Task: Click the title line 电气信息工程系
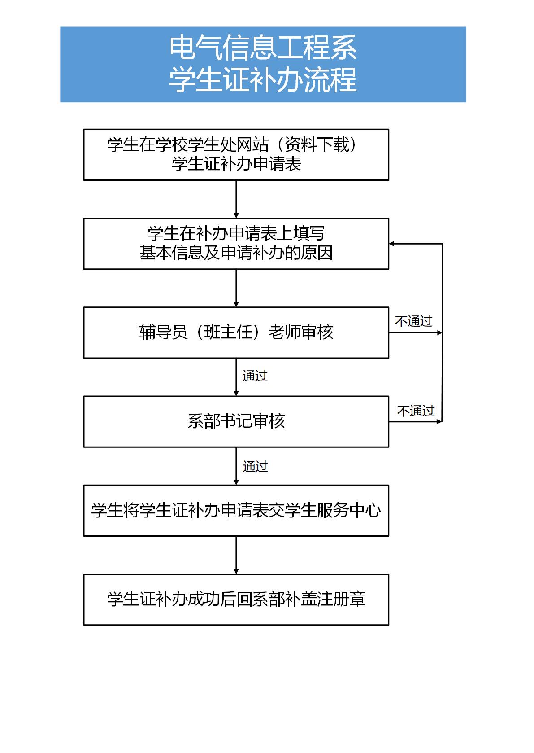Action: pyautogui.click(x=263, y=48)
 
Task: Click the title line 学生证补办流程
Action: pyautogui.click(x=263, y=79)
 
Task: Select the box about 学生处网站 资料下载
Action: pyautogui.click(x=236, y=155)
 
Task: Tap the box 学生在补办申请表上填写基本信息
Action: pyautogui.click(x=236, y=244)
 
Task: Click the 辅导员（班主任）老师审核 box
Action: pyautogui.click(x=236, y=333)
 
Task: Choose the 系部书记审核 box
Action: pyautogui.click(x=236, y=421)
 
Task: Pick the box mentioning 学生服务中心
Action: pyautogui.click(x=236, y=510)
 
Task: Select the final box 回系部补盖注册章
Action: pyautogui.click(x=236, y=600)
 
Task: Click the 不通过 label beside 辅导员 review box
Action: pyautogui.click(x=413, y=321)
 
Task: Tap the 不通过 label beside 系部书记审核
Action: pyautogui.click(x=416, y=411)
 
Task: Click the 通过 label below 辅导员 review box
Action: pyautogui.click(x=255, y=376)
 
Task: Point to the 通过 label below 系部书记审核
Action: pyautogui.click(x=255, y=466)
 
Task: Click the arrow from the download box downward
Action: pyautogui.click(x=236, y=199)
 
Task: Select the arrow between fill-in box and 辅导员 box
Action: pyautogui.click(x=236, y=289)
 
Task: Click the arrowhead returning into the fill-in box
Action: pyautogui.click(x=391, y=244)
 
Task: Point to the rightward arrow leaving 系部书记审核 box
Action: pyautogui.click(x=416, y=421)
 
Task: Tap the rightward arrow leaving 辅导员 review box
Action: pyautogui.click(x=416, y=333)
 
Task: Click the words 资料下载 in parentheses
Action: pyautogui.click(x=317, y=144)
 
